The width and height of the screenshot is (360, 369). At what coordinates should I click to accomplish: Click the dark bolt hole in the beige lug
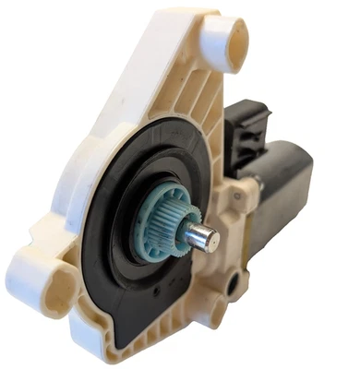[243, 277]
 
